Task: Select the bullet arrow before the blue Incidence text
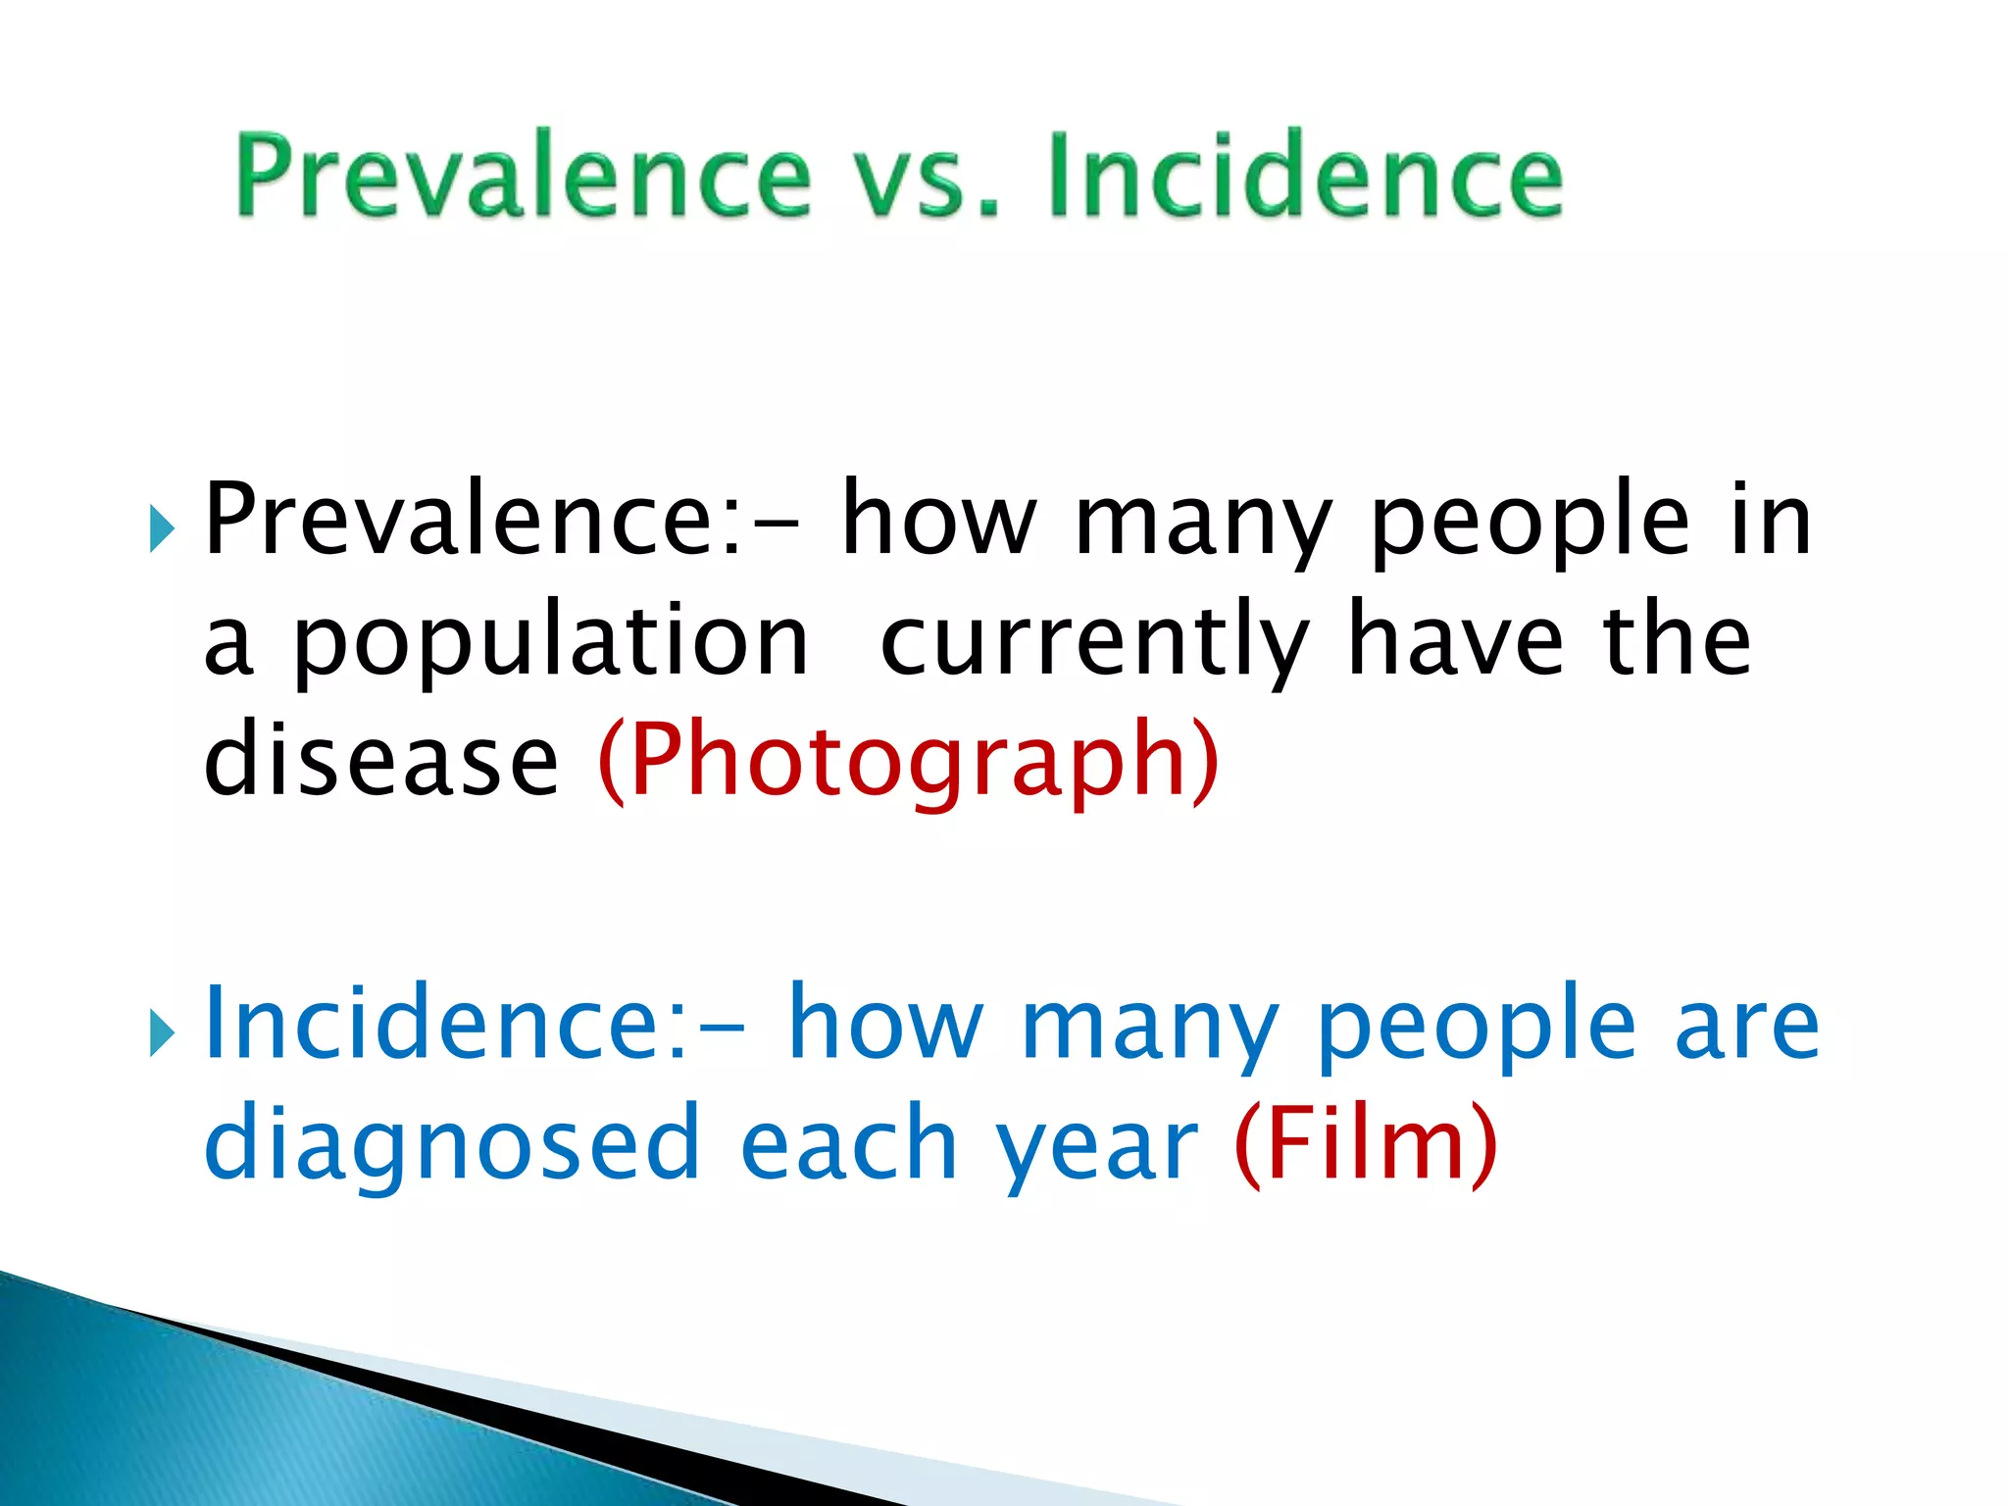tap(162, 1034)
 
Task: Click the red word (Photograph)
tap(908, 761)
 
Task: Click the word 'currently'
tap(1094, 642)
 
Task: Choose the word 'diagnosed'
tap(452, 1143)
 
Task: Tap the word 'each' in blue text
tap(848, 1143)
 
